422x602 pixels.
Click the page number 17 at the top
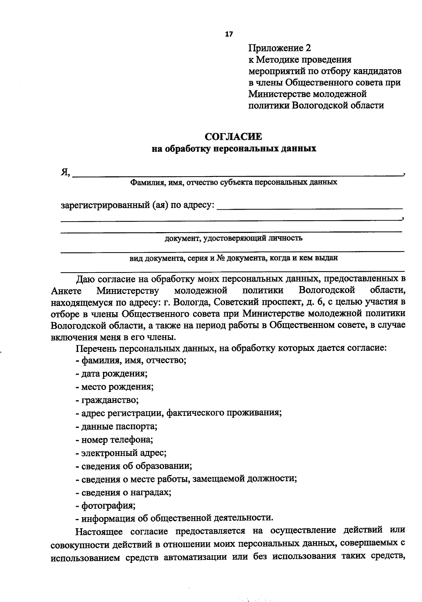[x=229, y=34]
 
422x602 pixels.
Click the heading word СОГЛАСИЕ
[x=234, y=136]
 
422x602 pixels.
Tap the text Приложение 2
[x=280, y=48]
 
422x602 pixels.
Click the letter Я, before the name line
[x=65, y=172]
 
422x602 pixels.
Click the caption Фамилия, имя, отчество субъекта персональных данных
[x=234, y=182]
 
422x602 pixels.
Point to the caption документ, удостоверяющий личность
[x=234, y=238]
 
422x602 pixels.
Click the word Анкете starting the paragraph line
[x=66, y=291]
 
